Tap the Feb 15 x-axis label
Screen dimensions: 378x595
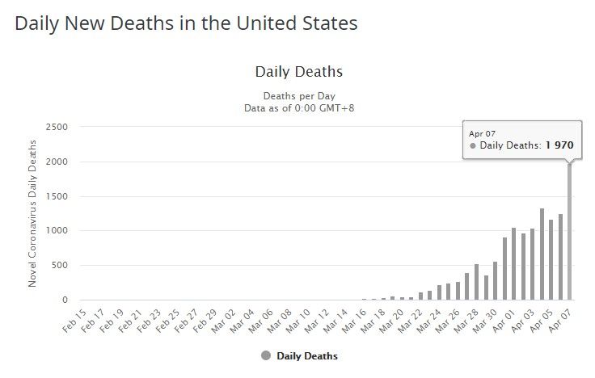(74, 320)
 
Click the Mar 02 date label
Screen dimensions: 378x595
(224, 320)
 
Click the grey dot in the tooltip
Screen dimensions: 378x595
(473, 146)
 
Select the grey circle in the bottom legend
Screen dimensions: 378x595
(266, 355)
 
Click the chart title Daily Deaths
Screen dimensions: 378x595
(298, 72)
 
